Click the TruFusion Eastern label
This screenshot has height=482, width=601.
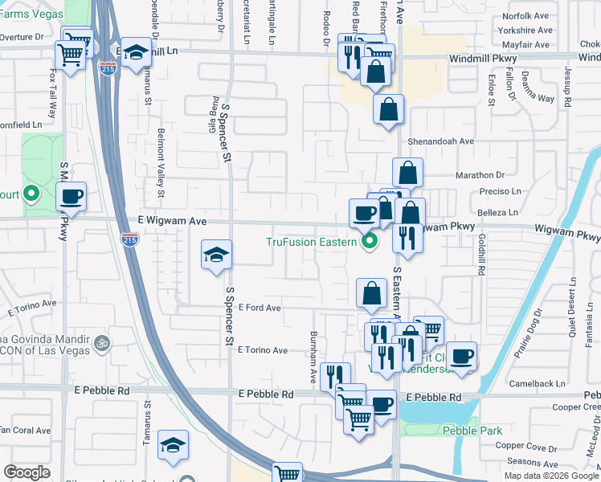311,241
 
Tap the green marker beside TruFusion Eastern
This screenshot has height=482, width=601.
370,241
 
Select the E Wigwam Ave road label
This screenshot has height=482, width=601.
173,220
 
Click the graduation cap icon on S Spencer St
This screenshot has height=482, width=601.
216,255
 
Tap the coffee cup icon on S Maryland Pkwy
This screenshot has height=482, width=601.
72,196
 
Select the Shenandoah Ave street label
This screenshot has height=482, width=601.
442,141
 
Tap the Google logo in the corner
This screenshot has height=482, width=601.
27,472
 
